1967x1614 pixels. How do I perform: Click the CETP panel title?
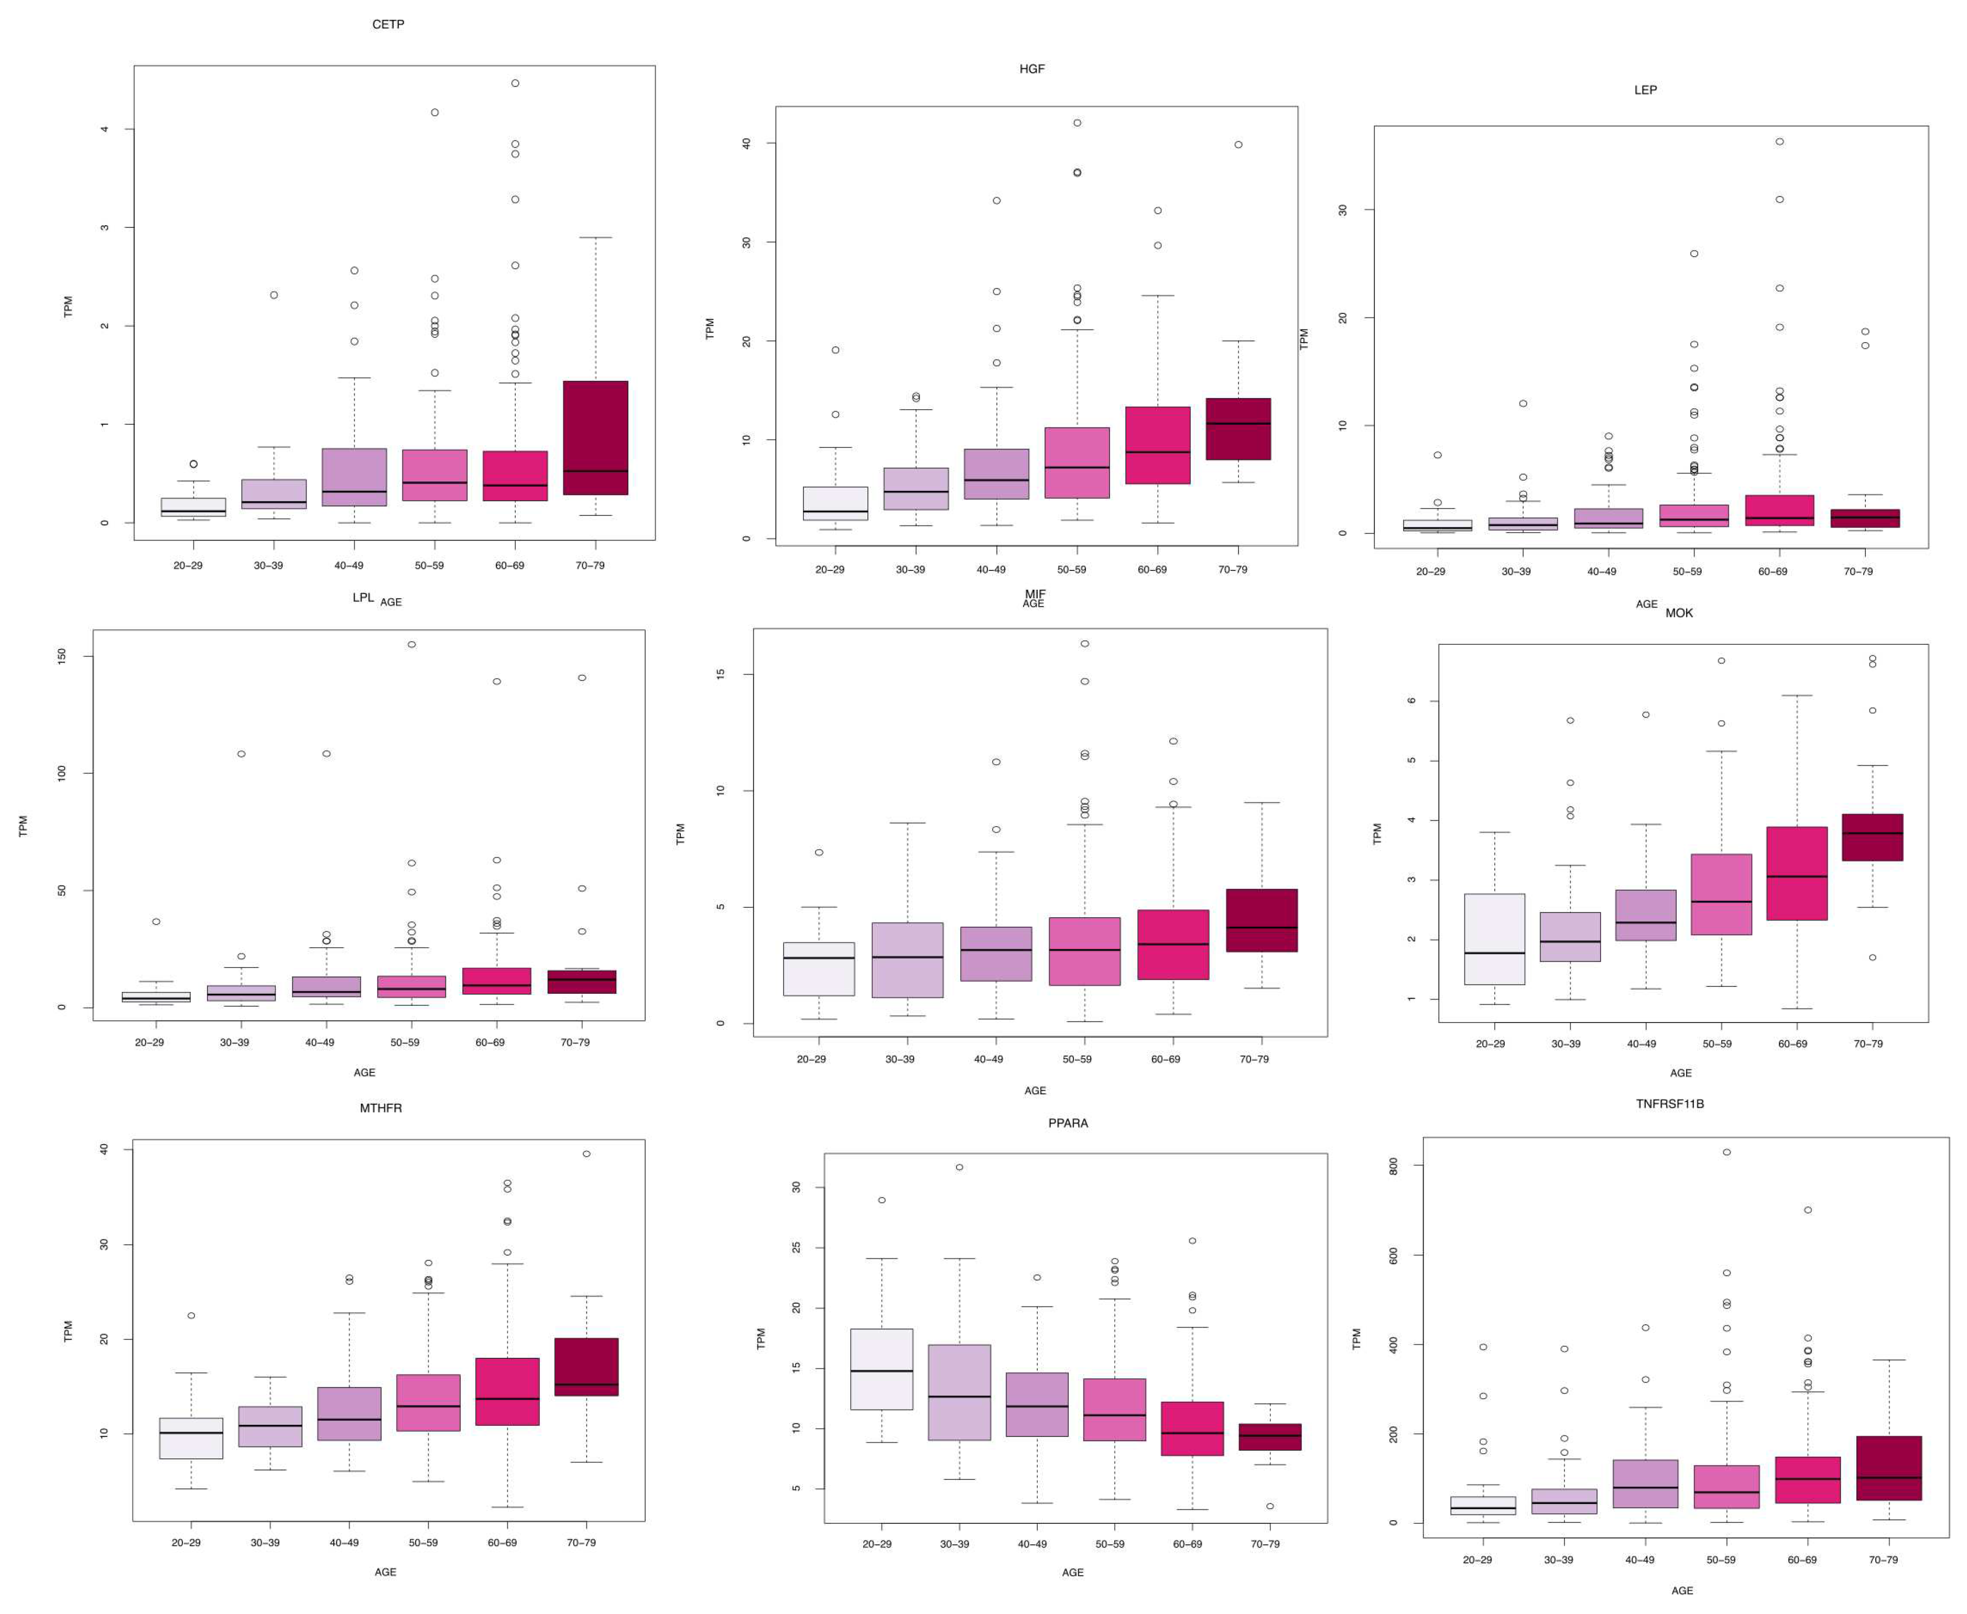388,24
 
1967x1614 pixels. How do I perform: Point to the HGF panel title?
1031,69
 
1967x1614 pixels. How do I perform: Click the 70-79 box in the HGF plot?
1238,429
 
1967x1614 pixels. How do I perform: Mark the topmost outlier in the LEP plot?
1779,141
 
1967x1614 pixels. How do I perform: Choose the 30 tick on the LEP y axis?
1343,210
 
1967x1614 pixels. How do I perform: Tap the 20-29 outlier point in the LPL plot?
156,921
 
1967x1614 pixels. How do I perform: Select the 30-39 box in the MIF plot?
907,960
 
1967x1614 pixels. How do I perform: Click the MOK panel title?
1679,613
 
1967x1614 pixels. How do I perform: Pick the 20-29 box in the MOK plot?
1494,939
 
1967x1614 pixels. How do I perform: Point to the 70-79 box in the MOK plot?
1871,837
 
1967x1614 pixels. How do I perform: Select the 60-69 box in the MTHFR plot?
507,1391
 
